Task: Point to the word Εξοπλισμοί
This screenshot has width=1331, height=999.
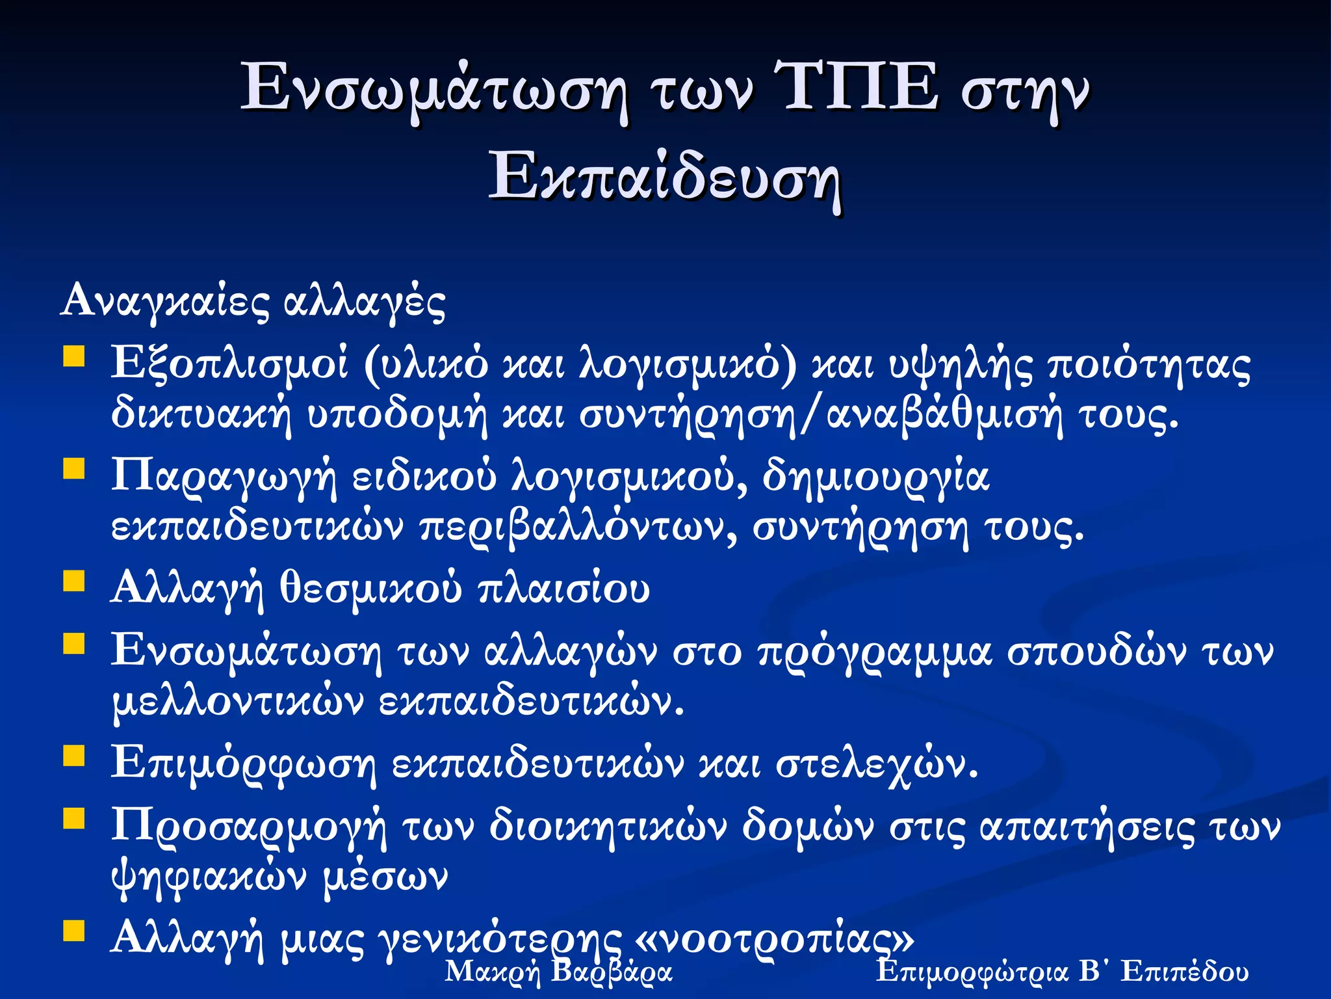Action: point(229,363)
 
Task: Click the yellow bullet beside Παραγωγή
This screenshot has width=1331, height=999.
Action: point(74,468)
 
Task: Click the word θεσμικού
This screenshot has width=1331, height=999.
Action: point(370,589)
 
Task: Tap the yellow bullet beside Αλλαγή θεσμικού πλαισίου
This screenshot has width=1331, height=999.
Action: point(74,580)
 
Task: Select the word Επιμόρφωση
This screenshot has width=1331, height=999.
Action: point(243,762)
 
